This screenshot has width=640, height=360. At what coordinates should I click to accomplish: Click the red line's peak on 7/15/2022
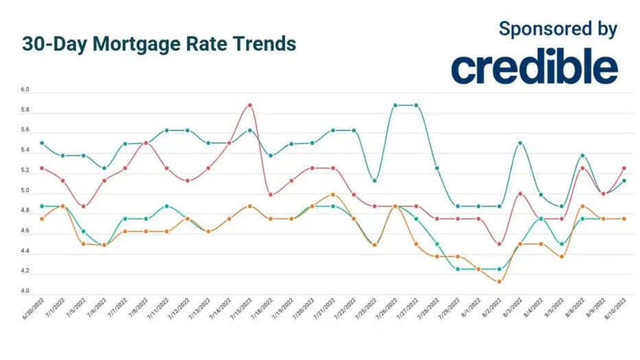250,105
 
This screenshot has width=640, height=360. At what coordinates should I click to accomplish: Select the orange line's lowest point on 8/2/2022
499,282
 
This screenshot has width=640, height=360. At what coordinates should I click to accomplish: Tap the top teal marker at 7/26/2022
396,105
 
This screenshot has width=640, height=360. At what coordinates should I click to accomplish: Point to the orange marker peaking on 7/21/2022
333,194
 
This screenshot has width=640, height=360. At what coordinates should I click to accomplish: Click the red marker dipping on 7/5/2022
84,206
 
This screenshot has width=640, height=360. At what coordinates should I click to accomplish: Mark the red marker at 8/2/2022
499,244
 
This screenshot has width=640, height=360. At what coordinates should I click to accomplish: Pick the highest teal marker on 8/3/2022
520,143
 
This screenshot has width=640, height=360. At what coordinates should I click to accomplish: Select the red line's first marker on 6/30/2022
43,168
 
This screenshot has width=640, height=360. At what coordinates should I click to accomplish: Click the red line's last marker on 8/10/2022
624,168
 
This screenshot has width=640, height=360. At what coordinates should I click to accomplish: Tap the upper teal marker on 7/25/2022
374,181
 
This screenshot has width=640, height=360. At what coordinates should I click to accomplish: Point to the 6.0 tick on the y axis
25,90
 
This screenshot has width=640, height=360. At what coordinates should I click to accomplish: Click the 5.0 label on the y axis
25,191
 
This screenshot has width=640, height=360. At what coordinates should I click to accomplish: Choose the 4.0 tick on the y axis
25,291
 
